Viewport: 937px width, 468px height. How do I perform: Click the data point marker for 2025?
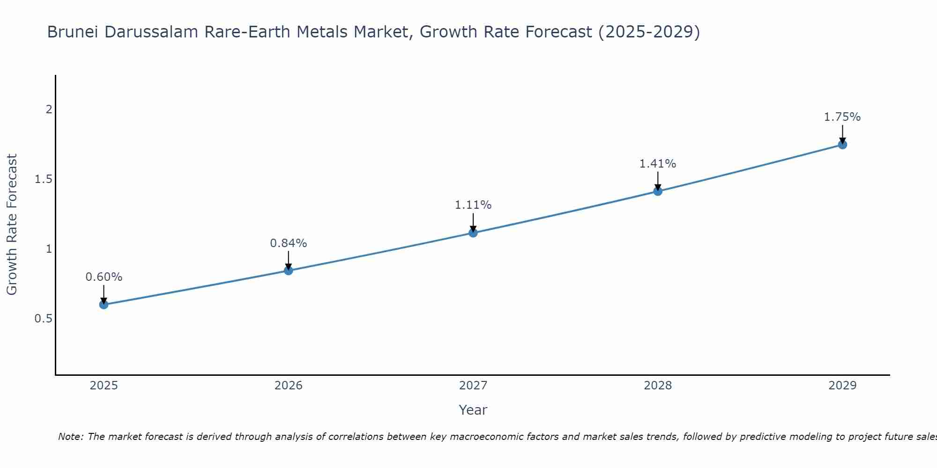[x=104, y=305]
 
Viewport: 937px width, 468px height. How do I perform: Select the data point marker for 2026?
[x=288, y=271]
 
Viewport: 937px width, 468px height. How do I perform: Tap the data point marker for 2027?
[x=473, y=233]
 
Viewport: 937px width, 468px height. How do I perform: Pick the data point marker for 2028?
[x=658, y=191]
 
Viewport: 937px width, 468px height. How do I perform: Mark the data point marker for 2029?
[x=842, y=145]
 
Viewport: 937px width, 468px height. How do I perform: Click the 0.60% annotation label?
[x=104, y=277]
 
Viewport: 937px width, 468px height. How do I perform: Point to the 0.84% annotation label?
[x=288, y=243]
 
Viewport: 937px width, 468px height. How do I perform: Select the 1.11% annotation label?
[x=473, y=205]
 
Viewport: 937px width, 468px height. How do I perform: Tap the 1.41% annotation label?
[x=658, y=164]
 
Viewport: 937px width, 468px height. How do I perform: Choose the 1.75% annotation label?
[x=842, y=117]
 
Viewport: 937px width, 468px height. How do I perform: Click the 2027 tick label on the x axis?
[x=473, y=386]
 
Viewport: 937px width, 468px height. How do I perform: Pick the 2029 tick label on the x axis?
[x=842, y=386]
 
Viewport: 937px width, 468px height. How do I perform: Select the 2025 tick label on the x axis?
[x=104, y=386]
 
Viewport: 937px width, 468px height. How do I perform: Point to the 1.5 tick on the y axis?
[x=44, y=179]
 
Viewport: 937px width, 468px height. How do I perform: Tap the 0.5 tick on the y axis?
[x=44, y=319]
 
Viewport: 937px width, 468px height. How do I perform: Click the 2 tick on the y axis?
[x=49, y=110]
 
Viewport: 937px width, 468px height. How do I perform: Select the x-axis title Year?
[x=473, y=410]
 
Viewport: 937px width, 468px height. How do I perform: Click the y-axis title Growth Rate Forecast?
[x=12, y=225]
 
